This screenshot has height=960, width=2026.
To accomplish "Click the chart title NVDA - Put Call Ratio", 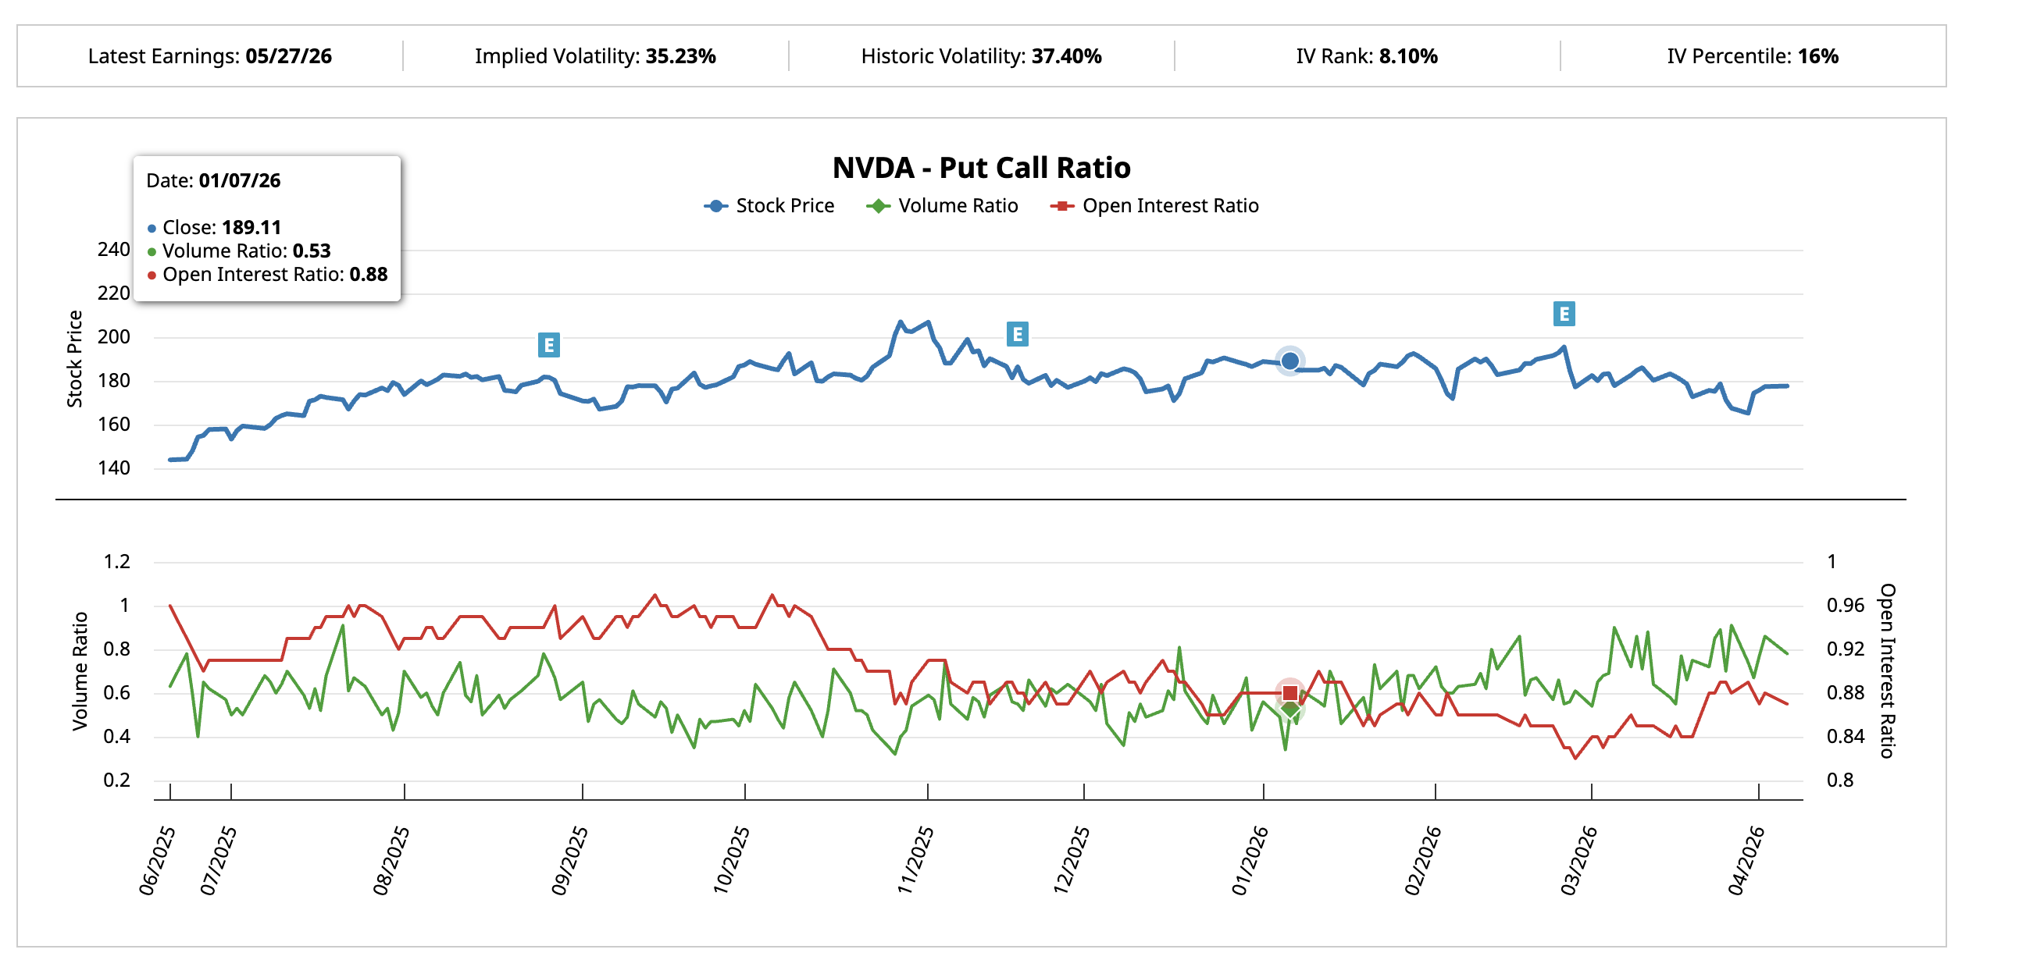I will pyautogui.click(x=981, y=168).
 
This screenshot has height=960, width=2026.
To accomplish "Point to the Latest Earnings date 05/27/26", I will pyautogui.click(x=288, y=57).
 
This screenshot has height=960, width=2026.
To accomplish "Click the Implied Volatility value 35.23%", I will pyautogui.click(x=680, y=57).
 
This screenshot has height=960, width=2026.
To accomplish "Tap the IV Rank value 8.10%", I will pyautogui.click(x=1408, y=57).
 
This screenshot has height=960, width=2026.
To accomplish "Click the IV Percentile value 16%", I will pyautogui.click(x=1817, y=57).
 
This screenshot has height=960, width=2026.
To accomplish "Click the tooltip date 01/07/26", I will pyautogui.click(x=239, y=181).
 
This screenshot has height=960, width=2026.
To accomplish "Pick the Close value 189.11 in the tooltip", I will pyautogui.click(x=251, y=228).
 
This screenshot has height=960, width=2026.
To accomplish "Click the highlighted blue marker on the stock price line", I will pyautogui.click(x=1289, y=361).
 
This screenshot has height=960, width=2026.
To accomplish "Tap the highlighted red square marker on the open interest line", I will pyautogui.click(x=1289, y=692).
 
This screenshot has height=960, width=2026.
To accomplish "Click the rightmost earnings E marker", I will pyautogui.click(x=1564, y=315).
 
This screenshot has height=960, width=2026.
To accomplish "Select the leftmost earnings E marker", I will pyautogui.click(x=548, y=345).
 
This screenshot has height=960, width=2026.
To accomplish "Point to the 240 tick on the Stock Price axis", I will pyautogui.click(x=114, y=250).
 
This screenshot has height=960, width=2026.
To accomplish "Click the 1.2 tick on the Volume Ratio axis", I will pyautogui.click(x=116, y=562).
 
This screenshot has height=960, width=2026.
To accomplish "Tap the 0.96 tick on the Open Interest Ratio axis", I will pyautogui.click(x=1844, y=606).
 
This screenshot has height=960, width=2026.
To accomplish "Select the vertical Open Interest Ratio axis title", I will pyautogui.click(x=1887, y=670).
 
